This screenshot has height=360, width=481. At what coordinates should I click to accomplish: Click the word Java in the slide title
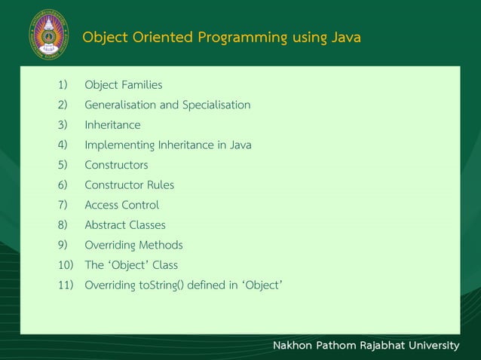tap(345, 37)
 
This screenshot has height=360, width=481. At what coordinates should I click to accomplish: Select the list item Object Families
tap(123, 85)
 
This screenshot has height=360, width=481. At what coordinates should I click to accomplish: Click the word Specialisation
tap(216, 105)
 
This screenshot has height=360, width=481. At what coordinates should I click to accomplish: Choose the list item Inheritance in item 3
tap(112, 125)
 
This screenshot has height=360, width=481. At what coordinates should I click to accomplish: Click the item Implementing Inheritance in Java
tap(167, 145)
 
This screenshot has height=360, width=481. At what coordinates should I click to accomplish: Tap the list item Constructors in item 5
tap(116, 165)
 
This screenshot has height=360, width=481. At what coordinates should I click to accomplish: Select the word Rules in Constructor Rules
tap(161, 185)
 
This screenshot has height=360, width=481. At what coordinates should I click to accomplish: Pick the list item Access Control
tap(121, 205)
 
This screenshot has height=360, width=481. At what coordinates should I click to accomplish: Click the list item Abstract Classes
tap(124, 224)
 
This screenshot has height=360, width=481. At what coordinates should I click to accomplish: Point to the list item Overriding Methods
tap(133, 245)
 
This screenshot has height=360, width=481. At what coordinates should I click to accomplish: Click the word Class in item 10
tap(165, 265)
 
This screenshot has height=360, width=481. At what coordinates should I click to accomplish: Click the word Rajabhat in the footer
tap(378, 346)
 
